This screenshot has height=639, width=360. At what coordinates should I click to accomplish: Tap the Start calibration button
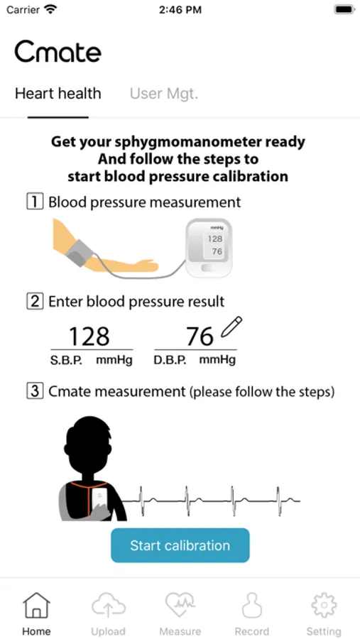point(180,545)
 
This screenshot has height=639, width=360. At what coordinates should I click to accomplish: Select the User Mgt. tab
point(164,94)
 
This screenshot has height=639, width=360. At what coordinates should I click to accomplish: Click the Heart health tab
point(58,94)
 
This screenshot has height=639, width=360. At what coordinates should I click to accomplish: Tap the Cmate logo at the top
point(58,52)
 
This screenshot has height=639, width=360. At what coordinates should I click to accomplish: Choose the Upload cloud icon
point(108,605)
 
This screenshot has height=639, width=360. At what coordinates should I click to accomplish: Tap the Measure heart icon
point(180,605)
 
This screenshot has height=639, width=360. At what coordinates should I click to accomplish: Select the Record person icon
point(252,605)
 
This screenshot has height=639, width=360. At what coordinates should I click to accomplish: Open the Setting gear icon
point(324,605)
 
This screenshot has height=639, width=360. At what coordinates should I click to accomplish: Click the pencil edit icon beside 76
point(231,327)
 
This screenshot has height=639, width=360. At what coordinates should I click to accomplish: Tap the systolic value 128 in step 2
point(89,337)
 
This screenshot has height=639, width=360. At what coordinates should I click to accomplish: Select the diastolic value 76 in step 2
point(200,337)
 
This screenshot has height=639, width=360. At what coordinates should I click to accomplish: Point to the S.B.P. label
point(67,361)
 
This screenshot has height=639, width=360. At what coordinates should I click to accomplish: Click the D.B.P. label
point(170,361)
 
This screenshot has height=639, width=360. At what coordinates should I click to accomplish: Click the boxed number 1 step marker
point(35,202)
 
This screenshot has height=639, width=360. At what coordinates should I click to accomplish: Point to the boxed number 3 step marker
point(35,392)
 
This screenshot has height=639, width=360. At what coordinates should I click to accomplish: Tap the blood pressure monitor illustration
point(209,248)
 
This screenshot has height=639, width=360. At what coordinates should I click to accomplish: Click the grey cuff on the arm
point(79,253)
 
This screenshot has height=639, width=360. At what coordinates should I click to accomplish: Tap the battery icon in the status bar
point(344,9)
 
